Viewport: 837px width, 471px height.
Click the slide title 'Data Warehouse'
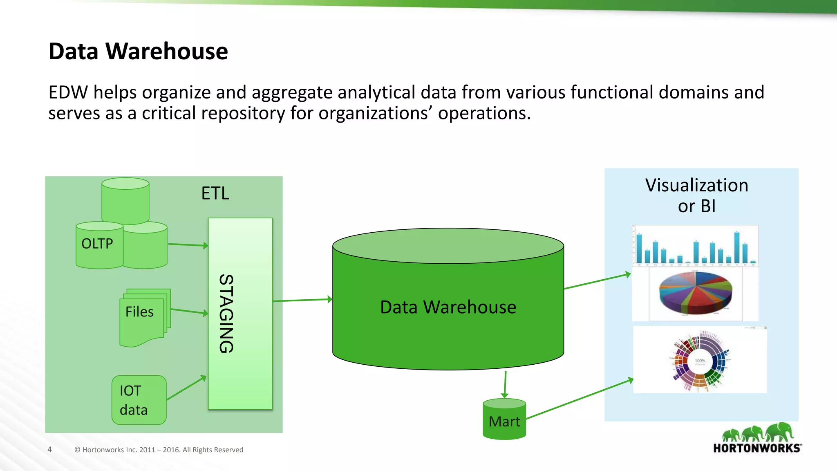click(138, 52)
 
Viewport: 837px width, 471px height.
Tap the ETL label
click(215, 193)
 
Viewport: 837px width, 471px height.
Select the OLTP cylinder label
click(97, 244)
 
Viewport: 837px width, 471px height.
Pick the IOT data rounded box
click(139, 400)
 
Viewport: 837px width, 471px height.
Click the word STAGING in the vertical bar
click(226, 314)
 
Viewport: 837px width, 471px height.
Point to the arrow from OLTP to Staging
click(188, 245)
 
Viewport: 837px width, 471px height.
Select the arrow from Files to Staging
click(189, 312)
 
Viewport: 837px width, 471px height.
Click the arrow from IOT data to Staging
click(186, 388)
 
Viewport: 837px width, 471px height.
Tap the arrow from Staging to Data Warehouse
click(302, 300)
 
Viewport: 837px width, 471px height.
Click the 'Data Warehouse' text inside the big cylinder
click(448, 307)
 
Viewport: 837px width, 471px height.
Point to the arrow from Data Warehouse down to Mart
click(505, 384)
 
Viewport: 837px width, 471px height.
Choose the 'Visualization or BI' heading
click(697, 195)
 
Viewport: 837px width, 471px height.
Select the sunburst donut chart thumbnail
click(700, 360)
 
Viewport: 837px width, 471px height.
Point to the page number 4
click(50, 449)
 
